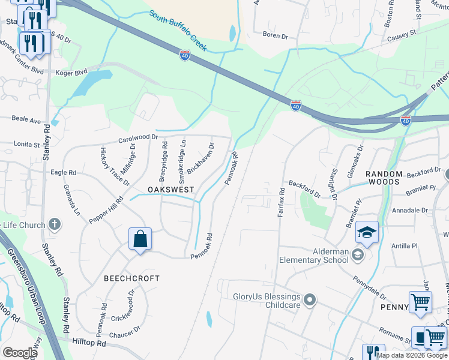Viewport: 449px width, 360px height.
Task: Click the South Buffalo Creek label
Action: click(178, 29)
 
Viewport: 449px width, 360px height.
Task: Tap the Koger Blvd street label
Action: click(73, 73)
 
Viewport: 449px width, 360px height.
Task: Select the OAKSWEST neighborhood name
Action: click(171, 190)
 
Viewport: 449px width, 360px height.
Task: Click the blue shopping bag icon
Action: click(140, 239)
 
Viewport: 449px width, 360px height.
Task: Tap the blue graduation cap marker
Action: click(367, 232)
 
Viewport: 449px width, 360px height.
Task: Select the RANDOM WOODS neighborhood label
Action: click(383, 178)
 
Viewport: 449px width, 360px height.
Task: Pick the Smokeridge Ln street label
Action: click(182, 153)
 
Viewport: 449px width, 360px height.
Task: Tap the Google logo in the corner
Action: click(20, 352)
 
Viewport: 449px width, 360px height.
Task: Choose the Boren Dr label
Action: click(276, 37)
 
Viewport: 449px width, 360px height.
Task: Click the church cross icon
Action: click(54, 225)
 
